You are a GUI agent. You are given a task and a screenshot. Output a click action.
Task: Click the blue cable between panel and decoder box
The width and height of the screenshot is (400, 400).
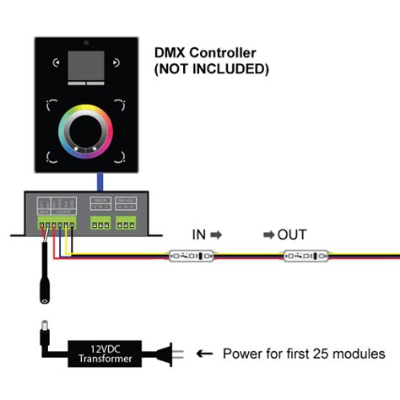(100, 182)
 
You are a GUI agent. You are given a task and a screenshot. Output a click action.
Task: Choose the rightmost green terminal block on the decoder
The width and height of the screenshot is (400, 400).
(127, 223)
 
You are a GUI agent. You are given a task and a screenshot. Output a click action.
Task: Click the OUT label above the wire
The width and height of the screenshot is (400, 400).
(293, 234)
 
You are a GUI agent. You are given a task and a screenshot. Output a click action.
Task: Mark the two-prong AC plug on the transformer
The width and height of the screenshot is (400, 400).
(168, 352)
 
